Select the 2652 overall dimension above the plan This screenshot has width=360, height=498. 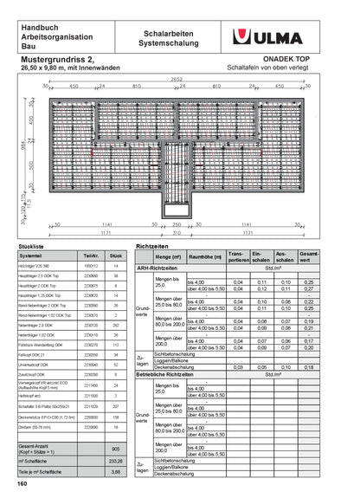tap(177, 80)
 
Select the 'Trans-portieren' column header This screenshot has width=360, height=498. tap(237, 257)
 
